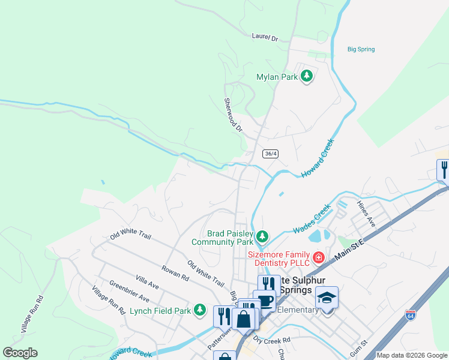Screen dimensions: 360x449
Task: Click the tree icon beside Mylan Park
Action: click(x=307, y=76)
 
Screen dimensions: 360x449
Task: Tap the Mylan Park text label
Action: click(x=277, y=77)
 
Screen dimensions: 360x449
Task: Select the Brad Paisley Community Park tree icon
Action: click(x=262, y=237)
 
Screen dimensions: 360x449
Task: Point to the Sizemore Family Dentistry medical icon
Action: click(x=318, y=257)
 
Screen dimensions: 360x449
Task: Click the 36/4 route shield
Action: click(x=271, y=154)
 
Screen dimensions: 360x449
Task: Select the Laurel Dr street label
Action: click(x=265, y=38)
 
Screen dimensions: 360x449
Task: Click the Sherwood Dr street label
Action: click(x=232, y=115)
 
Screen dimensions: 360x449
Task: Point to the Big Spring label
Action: click(x=360, y=49)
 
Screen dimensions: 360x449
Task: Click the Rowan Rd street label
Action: click(x=175, y=273)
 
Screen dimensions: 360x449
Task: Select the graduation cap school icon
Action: click(x=327, y=298)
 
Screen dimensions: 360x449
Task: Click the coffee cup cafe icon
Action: click(x=264, y=300)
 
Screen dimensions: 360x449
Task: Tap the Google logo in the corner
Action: click(x=20, y=353)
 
